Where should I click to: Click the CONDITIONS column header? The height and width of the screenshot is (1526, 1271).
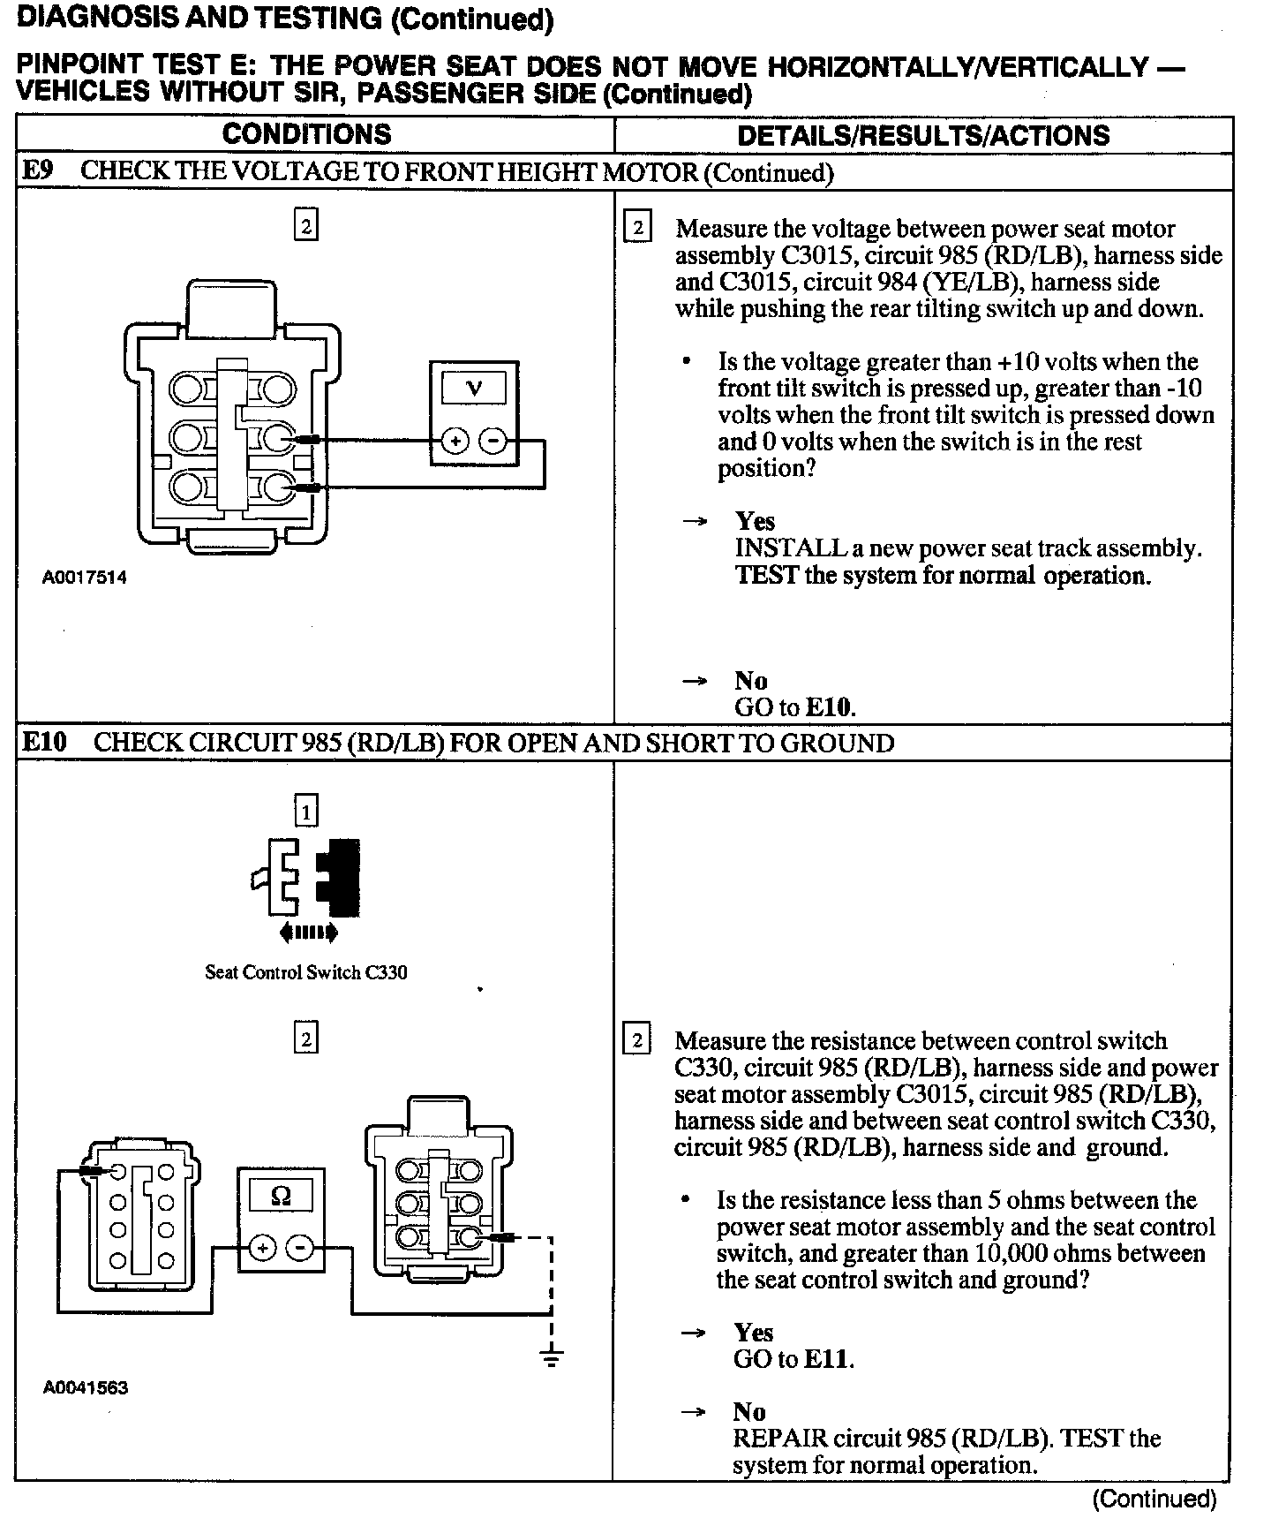click(x=306, y=134)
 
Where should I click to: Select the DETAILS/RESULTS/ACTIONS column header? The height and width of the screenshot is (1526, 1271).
click(x=923, y=135)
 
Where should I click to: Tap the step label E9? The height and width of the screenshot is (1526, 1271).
click(x=36, y=171)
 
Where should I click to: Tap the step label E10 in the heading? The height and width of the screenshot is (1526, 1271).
click(x=43, y=742)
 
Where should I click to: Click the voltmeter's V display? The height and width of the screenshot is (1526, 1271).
click(x=474, y=389)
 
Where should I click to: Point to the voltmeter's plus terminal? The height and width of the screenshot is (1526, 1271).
click(x=455, y=440)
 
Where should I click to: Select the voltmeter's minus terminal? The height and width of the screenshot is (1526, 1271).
click(x=493, y=440)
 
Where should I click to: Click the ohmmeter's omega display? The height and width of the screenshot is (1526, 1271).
click(x=281, y=1196)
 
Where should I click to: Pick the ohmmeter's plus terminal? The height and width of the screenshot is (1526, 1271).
click(x=262, y=1249)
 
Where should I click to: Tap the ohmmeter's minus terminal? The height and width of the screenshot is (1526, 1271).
click(x=301, y=1249)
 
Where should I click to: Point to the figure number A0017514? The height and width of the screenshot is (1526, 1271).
click(x=85, y=578)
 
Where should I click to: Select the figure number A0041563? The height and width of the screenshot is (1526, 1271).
click(x=86, y=1387)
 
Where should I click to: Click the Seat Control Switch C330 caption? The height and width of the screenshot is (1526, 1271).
click(x=306, y=972)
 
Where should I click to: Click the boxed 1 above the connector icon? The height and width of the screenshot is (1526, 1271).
click(x=306, y=811)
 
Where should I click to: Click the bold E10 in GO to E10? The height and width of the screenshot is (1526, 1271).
click(x=831, y=707)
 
